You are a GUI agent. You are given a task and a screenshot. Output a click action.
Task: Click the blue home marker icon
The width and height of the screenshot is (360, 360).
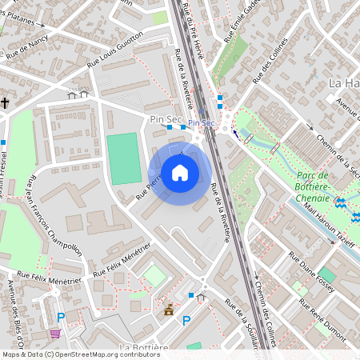pyautogui.click(x=180, y=172)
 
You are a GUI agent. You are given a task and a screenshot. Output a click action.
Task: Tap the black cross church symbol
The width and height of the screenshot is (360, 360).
pyautogui.click(x=5, y=102)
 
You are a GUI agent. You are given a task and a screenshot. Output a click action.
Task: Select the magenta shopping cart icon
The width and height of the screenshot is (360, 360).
pyautogui.click(x=55, y=334)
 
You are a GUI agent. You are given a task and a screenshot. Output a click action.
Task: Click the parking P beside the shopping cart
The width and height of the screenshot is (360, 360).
pyautogui.click(x=61, y=318)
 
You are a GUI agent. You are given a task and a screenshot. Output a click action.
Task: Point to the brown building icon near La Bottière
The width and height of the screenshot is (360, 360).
pyautogui.click(x=169, y=310)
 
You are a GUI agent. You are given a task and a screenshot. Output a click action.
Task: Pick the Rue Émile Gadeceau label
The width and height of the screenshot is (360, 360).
pyautogui.click(x=245, y=18)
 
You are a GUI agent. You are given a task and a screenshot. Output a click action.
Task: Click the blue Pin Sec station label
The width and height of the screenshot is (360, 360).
pyautogui.click(x=201, y=123)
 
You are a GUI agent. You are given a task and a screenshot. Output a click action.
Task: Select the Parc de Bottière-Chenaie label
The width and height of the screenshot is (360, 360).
pyautogui.click(x=313, y=186)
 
